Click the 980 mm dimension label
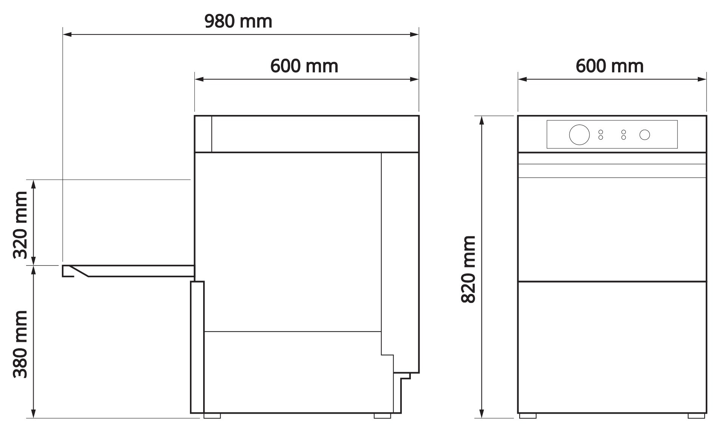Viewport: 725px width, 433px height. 238,22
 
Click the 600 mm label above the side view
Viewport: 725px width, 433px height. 304,66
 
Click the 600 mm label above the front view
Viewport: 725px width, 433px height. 609,66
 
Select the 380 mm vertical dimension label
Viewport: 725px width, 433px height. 20,344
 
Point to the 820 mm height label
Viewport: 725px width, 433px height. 469,269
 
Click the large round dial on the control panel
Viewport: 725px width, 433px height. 579,134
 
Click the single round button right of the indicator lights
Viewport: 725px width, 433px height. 645,135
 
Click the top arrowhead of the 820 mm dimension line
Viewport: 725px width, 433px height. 481,120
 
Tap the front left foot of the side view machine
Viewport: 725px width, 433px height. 212,416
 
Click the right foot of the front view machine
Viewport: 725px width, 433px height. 696,416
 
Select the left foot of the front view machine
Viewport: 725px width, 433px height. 528,416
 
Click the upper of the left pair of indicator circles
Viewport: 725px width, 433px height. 600,132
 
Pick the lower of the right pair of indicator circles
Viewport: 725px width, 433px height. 623,138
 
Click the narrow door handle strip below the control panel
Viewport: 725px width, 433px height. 612,171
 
